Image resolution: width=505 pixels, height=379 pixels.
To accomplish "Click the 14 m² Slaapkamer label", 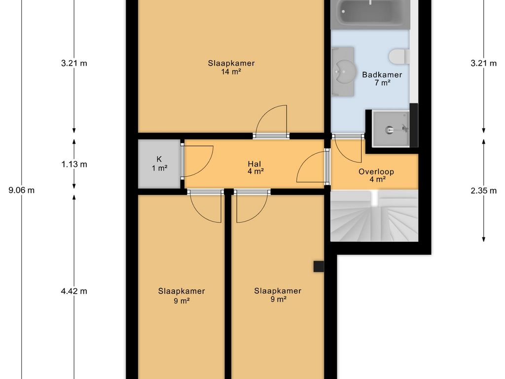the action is click(231, 67).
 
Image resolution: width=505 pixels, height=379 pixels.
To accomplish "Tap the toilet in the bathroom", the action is click(399, 57).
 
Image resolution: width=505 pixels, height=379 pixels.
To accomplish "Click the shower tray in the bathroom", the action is click(391, 128).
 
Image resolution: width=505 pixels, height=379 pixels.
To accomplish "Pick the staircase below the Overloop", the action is click(374, 216).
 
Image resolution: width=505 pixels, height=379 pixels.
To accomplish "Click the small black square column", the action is click(319, 266).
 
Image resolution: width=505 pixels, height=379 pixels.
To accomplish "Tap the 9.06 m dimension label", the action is click(21, 190).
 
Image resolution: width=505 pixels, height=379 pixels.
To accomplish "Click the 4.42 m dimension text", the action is click(74, 291).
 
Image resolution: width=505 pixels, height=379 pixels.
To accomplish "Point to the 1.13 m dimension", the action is click(74, 164).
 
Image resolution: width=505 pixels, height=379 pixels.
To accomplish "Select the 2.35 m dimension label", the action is click(483, 191).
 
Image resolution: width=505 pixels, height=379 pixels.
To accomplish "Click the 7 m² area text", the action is click(382, 83).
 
